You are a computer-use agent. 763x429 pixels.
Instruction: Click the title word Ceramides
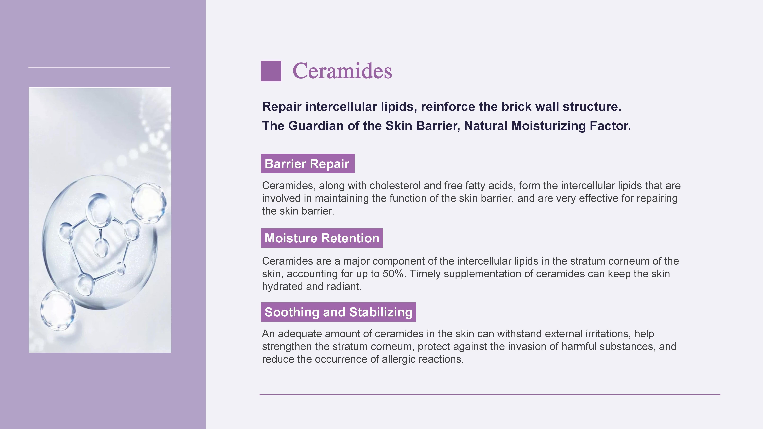(342, 71)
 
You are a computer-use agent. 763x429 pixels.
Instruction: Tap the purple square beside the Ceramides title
(271, 71)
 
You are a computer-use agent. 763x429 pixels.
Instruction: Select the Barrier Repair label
(307, 163)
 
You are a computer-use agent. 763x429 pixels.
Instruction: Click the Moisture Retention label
(322, 238)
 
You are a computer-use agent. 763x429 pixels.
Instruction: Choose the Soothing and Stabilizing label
(338, 312)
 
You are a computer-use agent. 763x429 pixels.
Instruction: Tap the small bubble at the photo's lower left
(58, 310)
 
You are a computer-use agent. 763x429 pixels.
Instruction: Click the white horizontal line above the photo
(99, 67)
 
